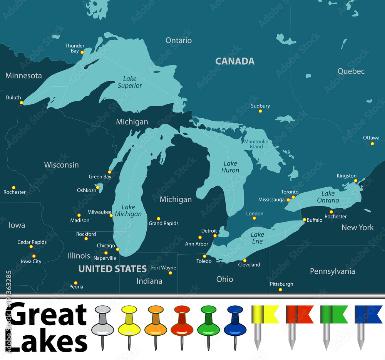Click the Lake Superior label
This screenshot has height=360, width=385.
130,82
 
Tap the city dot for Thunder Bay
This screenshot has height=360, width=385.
82,52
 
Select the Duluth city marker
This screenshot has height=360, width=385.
22,103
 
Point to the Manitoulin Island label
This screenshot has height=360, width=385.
256,144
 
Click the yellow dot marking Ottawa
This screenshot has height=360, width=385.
372,144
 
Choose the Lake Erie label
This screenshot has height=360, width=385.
257,238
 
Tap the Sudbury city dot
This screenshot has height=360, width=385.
260,111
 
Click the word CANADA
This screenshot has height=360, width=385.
234,61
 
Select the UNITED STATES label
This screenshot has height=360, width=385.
112,269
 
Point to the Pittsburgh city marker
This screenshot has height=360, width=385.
280,289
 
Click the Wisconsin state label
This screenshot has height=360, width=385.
61,165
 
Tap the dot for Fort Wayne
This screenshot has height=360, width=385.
170,273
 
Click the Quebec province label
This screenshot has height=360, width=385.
351,71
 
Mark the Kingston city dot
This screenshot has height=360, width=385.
355,180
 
